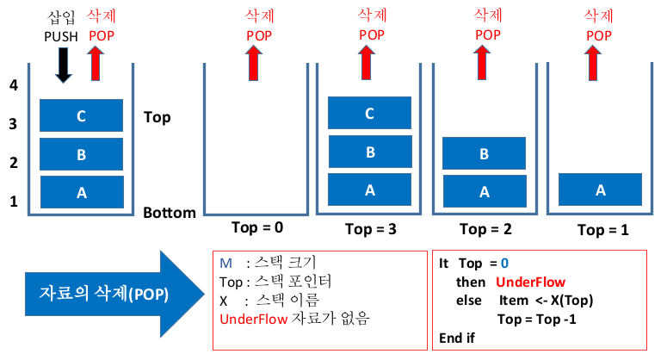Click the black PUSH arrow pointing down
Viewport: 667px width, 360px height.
63,65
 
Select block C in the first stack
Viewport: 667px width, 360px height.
82,115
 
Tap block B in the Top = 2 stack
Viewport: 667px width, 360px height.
484,154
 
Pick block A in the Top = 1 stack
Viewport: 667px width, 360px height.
600,189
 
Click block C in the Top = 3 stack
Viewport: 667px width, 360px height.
370,114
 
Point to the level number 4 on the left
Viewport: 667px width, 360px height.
13,84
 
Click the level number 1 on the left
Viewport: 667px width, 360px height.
13,202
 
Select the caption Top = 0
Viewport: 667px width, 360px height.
258,228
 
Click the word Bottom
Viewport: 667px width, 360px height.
170,213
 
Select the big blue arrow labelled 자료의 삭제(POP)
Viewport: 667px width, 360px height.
104,293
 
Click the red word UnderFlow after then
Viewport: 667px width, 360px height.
530,282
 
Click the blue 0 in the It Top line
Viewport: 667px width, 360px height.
505,263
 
